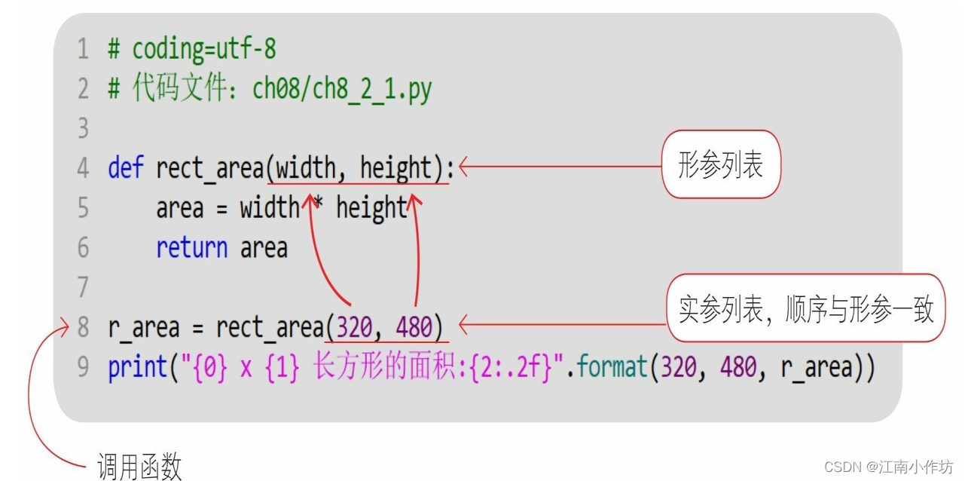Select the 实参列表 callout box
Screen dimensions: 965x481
[805, 309]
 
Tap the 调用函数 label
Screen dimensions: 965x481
[140, 467]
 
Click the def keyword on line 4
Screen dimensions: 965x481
[125, 167]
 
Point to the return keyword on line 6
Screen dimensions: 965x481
[191, 247]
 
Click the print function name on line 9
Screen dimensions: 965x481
[138, 367]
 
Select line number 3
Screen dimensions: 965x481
[83, 128]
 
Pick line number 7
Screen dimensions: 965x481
[83, 287]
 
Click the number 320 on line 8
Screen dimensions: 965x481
[355, 327]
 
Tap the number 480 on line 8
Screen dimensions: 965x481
[414, 327]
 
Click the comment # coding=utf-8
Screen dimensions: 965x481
[192, 50]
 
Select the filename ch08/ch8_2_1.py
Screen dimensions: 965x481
[342, 89]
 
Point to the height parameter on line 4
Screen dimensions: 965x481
[395, 167]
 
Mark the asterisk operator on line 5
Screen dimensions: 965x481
[318, 205]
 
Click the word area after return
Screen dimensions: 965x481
[264, 247]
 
